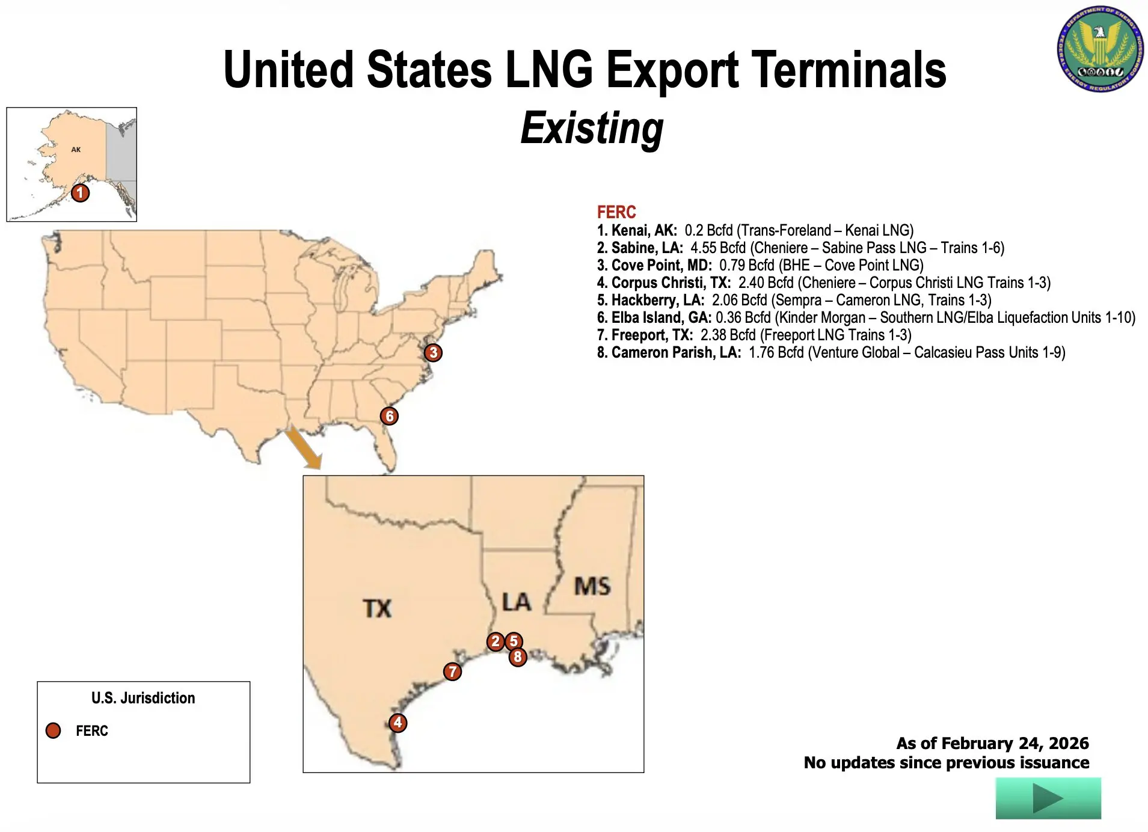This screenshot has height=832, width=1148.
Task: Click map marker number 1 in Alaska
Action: [x=80, y=193]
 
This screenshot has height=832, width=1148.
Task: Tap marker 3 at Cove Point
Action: [x=433, y=352]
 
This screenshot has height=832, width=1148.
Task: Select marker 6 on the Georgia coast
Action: [x=389, y=416]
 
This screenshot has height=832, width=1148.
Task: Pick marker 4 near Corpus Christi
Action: [x=398, y=722]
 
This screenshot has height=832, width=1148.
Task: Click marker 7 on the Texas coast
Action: [x=452, y=671]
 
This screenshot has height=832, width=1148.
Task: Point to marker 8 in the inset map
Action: [x=518, y=657]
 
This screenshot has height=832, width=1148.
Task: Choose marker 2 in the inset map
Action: [x=496, y=641]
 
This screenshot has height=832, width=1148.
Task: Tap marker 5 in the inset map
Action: [x=514, y=641]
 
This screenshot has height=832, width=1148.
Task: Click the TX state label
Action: [x=377, y=608]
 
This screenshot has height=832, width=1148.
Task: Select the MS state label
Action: [x=592, y=586]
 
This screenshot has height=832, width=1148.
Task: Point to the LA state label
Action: [x=517, y=602]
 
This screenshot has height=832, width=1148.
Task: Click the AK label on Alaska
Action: [x=76, y=150]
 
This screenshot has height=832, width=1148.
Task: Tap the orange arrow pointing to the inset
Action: [x=303, y=447]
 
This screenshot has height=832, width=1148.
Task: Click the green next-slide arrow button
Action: [x=1048, y=798]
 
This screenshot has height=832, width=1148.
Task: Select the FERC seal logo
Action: [x=1100, y=49]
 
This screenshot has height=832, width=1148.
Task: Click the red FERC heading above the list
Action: [x=616, y=212]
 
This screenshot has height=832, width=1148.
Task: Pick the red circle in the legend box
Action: [x=54, y=730]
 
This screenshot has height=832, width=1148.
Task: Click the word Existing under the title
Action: [x=592, y=128]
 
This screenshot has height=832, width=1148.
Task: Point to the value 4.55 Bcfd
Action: [x=718, y=248]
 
